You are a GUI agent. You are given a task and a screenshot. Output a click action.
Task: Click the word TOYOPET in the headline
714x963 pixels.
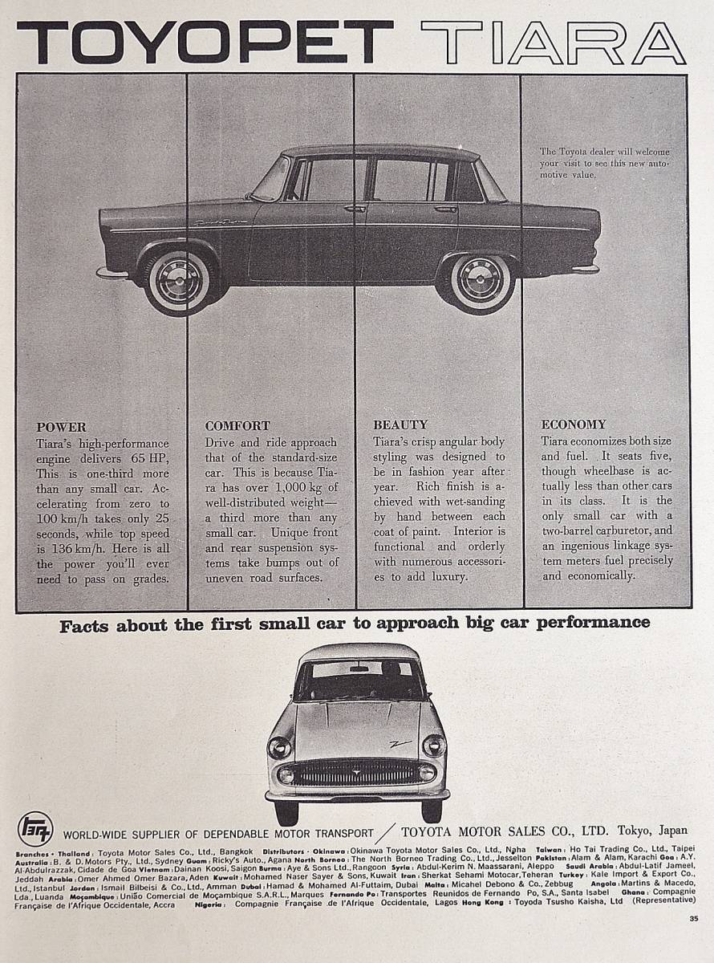(x=205, y=42)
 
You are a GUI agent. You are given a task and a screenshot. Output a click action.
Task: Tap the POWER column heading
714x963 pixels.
(x=61, y=427)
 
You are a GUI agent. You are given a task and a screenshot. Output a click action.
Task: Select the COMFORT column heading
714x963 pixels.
(x=237, y=426)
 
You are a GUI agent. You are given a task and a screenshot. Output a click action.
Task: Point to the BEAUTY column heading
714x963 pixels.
(x=400, y=425)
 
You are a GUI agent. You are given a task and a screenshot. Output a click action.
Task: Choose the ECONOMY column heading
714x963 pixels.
(x=574, y=425)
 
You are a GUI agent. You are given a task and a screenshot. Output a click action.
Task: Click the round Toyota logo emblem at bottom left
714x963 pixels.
(x=35, y=828)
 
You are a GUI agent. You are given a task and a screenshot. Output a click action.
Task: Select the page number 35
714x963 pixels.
(x=693, y=918)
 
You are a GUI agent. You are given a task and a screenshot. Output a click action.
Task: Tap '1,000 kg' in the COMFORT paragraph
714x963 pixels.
(x=314, y=489)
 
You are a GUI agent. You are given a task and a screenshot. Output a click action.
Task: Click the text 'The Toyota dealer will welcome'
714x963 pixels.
(x=604, y=152)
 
